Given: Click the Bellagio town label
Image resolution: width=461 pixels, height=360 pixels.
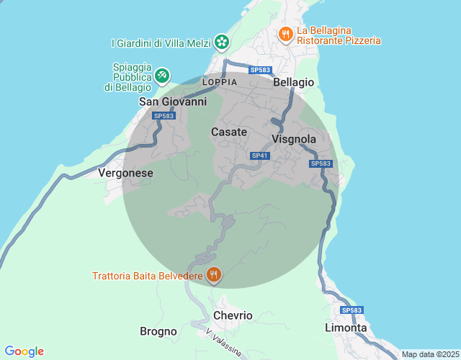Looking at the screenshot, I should tap(294, 83).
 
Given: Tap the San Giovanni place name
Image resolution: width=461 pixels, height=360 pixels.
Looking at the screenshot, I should tap(172, 102).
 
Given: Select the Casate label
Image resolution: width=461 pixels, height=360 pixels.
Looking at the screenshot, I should tap(229, 132).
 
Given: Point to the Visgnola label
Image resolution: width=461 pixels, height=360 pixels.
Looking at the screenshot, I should tap(294, 139).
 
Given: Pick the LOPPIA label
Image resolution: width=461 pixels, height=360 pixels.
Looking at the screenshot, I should tap(220, 83).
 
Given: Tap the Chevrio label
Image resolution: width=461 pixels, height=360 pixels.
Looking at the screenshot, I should tap(233, 315).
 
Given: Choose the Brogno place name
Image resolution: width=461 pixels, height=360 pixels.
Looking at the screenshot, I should tap(158, 331).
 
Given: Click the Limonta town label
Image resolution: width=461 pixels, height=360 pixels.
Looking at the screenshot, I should tap(346, 328).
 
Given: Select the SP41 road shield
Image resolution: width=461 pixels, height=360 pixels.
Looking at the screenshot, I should tap(260, 156).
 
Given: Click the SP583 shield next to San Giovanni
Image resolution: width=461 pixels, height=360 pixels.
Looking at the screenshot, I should tap(164, 116).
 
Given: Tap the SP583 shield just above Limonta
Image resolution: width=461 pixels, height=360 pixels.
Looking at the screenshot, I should tap(352, 310).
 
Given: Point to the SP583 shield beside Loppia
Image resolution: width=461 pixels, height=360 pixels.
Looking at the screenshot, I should tap(260, 70).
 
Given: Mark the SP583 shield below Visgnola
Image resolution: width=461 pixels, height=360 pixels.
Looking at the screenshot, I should tap(321, 164).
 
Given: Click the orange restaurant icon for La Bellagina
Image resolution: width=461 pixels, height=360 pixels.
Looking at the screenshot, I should tap(286, 34).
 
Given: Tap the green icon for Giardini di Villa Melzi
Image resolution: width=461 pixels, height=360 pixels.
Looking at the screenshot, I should tap(222, 42).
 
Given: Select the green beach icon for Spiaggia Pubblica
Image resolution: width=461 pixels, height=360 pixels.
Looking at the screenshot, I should tap(163, 74).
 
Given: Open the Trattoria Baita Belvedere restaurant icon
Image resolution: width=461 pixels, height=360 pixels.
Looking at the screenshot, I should tap(213, 274).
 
